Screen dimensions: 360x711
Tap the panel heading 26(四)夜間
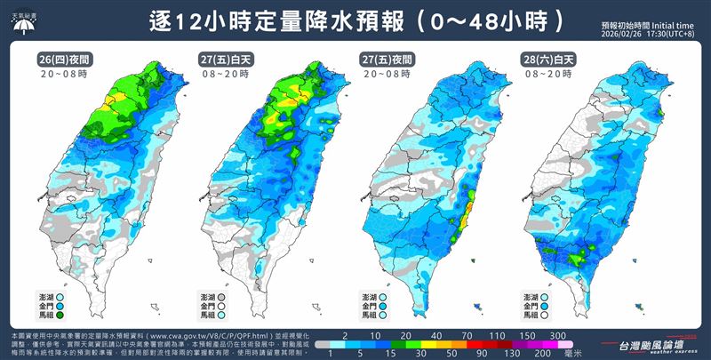click(x=63, y=59)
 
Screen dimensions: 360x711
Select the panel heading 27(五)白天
click(x=224, y=59)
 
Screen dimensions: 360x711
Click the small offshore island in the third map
click(x=479, y=306)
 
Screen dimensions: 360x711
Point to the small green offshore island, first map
click(x=158, y=306)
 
